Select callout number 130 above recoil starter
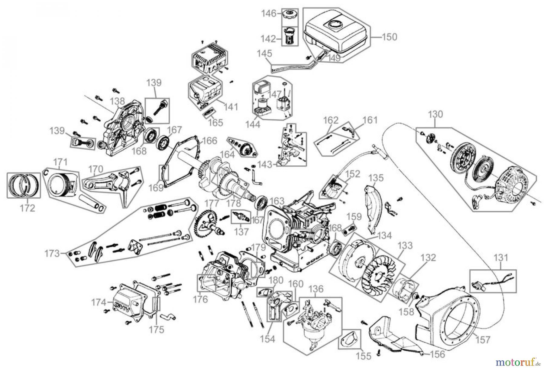[436, 114]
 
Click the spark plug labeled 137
[241, 216]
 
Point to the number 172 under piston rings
[28, 208]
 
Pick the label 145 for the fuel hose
[264, 54]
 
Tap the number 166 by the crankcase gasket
[209, 141]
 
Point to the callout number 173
[52, 253]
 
